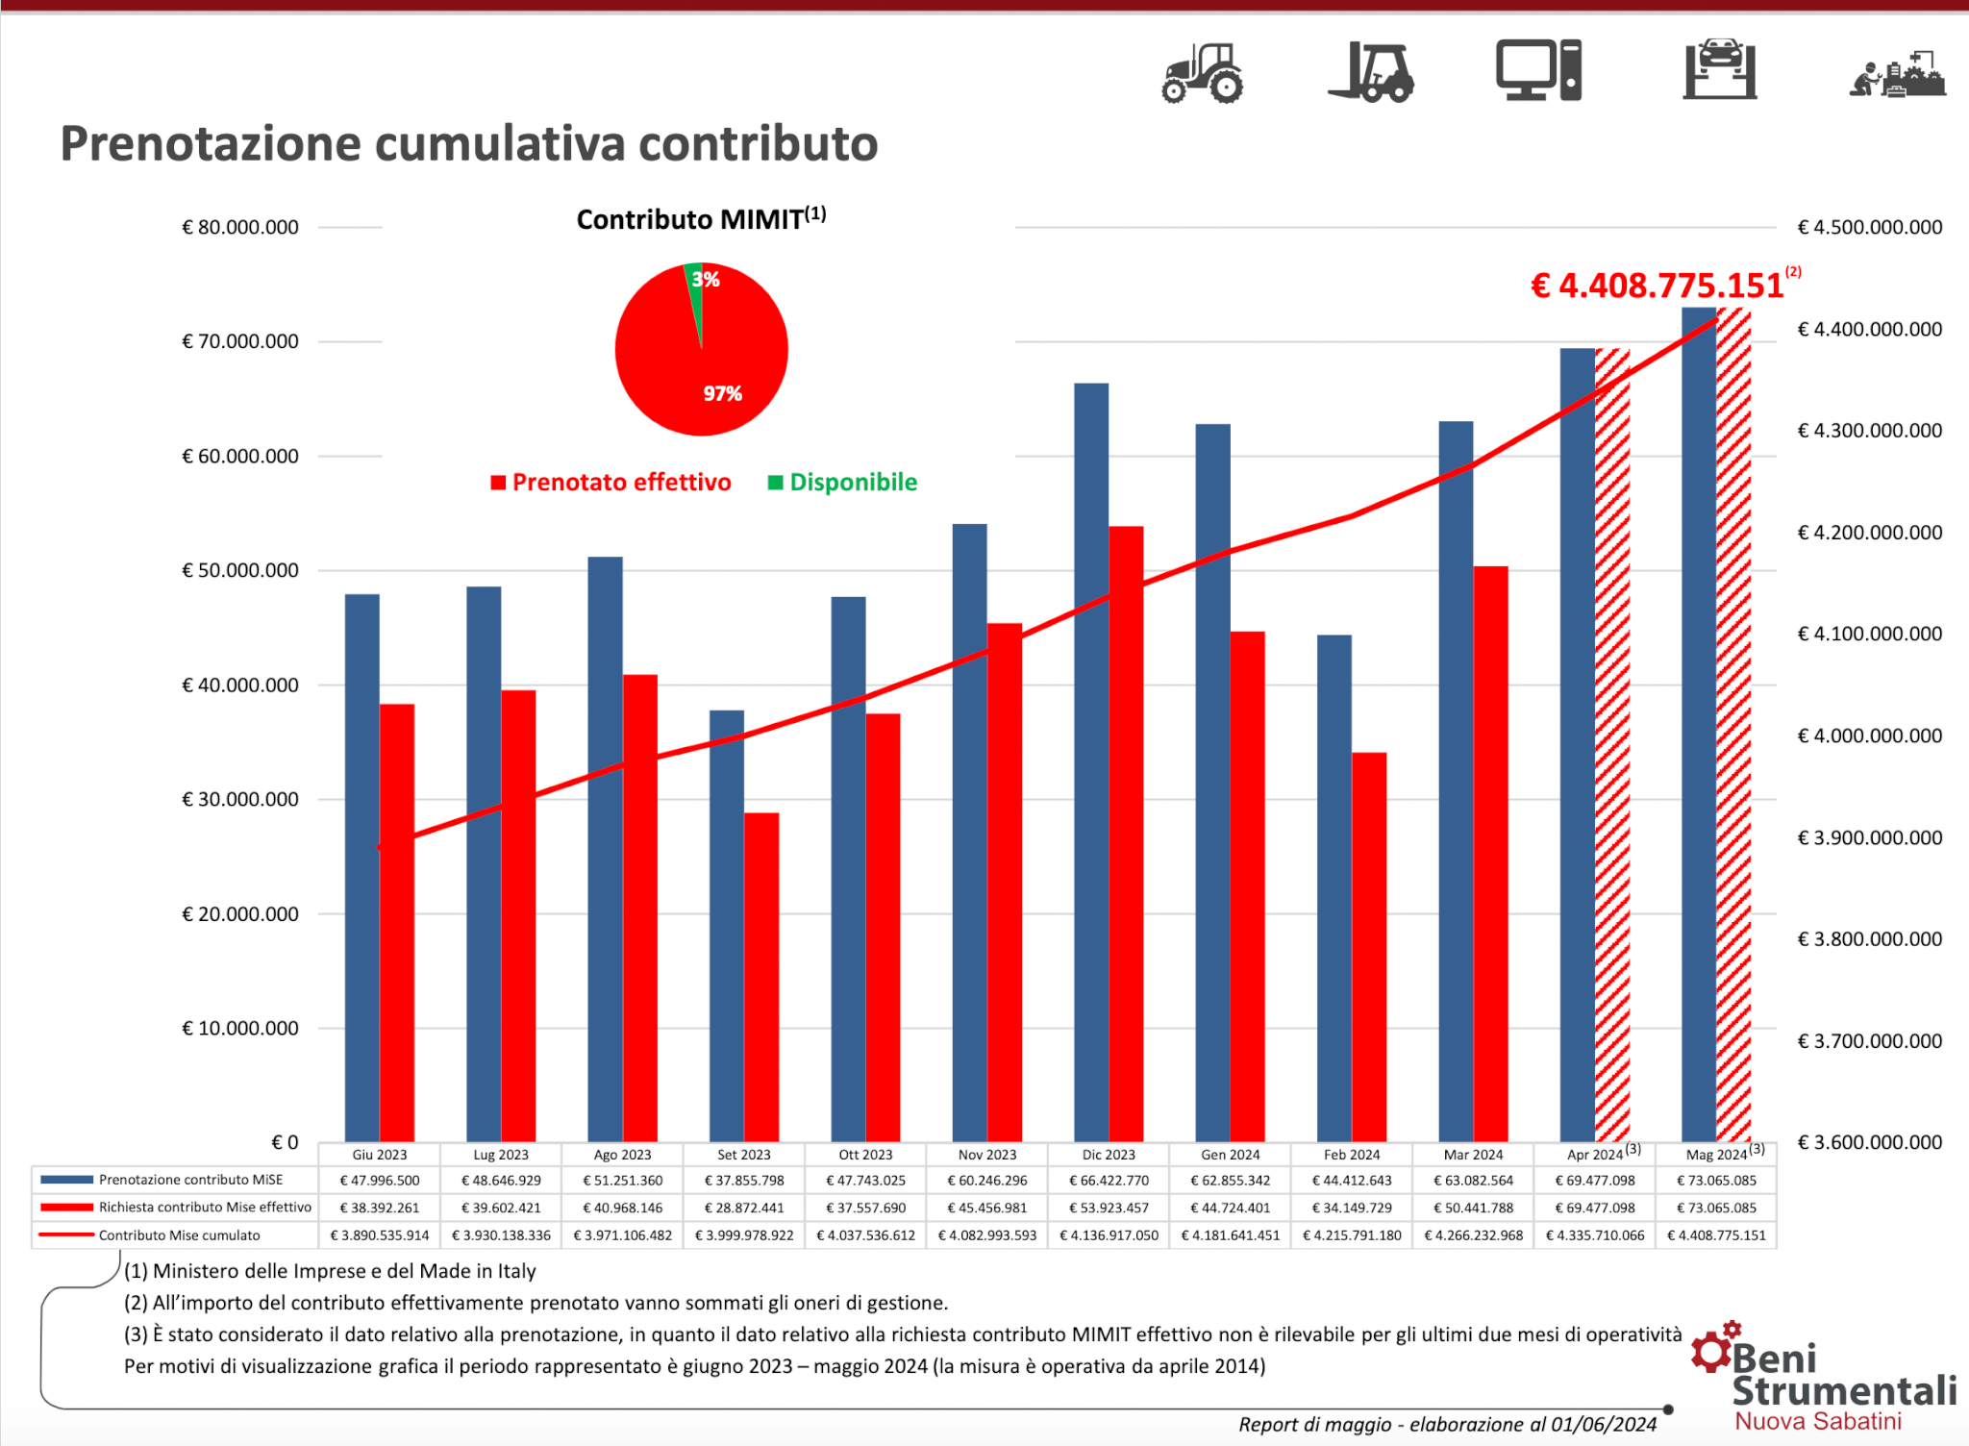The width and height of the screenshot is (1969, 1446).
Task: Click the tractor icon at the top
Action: point(1202,72)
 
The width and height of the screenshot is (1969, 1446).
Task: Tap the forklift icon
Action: point(1371,72)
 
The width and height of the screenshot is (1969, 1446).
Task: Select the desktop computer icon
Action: point(1538,70)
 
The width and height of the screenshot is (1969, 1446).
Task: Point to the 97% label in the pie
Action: point(722,393)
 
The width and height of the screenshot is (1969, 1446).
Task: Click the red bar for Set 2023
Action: point(761,976)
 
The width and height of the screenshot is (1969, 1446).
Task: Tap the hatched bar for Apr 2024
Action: point(1612,745)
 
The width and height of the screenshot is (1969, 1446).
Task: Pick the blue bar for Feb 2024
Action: point(1334,885)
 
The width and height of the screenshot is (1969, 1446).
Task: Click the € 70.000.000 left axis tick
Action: point(240,341)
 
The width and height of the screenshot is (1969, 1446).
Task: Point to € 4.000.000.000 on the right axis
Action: point(1870,735)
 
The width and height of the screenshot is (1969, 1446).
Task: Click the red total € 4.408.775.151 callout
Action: point(1657,286)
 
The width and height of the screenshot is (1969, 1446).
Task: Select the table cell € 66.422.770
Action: point(1109,1180)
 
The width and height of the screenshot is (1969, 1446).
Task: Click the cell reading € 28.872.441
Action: point(744,1208)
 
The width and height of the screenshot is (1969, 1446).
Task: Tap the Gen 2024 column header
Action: point(1230,1155)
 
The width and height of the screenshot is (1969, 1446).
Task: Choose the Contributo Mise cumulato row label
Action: point(179,1235)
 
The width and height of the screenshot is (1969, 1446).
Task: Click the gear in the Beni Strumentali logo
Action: point(1712,1350)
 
